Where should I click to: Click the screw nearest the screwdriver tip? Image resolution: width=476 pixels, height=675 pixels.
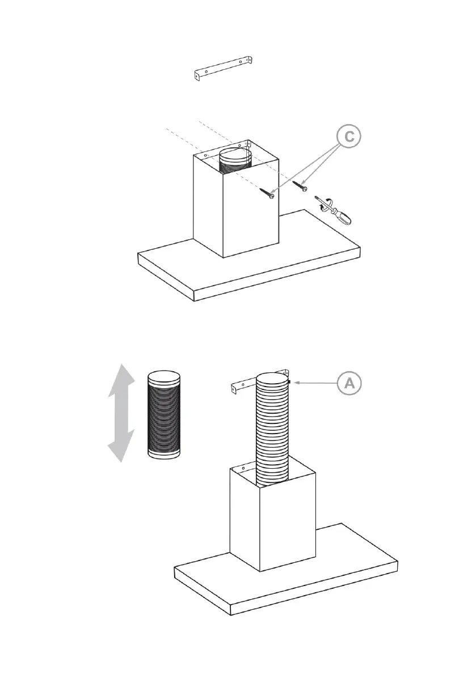tap(299, 185)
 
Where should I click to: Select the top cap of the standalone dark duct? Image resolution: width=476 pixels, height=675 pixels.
tap(164, 376)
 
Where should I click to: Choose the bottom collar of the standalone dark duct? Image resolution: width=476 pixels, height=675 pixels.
tap(164, 453)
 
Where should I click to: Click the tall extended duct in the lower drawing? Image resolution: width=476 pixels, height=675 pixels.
tap(273, 431)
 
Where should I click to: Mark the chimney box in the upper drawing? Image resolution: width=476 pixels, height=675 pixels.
tap(235, 210)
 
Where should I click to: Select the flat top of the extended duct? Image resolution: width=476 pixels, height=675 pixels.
tap(273, 379)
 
